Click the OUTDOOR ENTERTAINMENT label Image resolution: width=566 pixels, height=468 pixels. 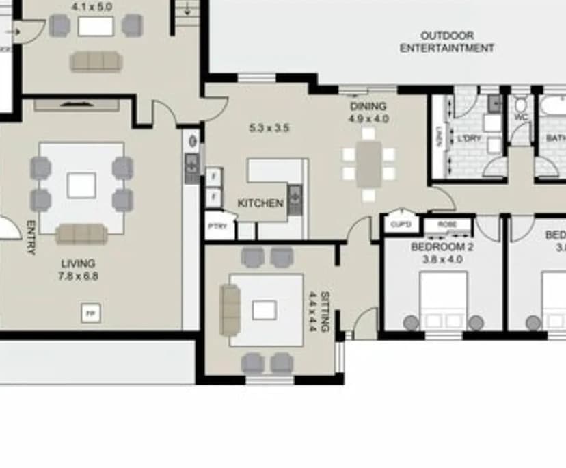pyautogui.click(x=446, y=42)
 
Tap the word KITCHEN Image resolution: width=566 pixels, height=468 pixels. pyautogui.click(x=260, y=203)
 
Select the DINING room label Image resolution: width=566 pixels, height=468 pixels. pyautogui.click(x=368, y=106)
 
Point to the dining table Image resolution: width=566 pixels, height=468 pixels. pyautogui.click(x=369, y=164)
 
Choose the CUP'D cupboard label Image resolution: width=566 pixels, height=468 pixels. pyautogui.click(x=401, y=224)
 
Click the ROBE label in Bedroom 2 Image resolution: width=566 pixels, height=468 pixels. pyautogui.click(x=447, y=224)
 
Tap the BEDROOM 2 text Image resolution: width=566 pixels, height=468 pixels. pyautogui.click(x=442, y=247)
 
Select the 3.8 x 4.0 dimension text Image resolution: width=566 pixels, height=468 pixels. pyautogui.click(x=442, y=259)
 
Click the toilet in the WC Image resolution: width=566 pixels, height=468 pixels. pyautogui.click(x=521, y=106)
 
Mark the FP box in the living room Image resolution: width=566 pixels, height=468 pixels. pyautogui.click(x=90, y=313)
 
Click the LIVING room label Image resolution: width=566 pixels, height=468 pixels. pyautogui.click(x=78, y=263)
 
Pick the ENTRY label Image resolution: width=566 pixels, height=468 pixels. pyautogui.click(x=31, y=237)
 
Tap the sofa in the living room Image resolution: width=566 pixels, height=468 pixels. pyautogui.click(x=81, y=234)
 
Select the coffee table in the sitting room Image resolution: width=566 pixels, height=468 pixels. pyautogui.click(x=264, y=311)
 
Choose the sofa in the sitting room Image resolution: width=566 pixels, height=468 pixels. pyautogui.click(x=230, y=310)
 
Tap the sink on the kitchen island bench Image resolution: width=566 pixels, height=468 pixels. pyautogui.click(x=295, y=198)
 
